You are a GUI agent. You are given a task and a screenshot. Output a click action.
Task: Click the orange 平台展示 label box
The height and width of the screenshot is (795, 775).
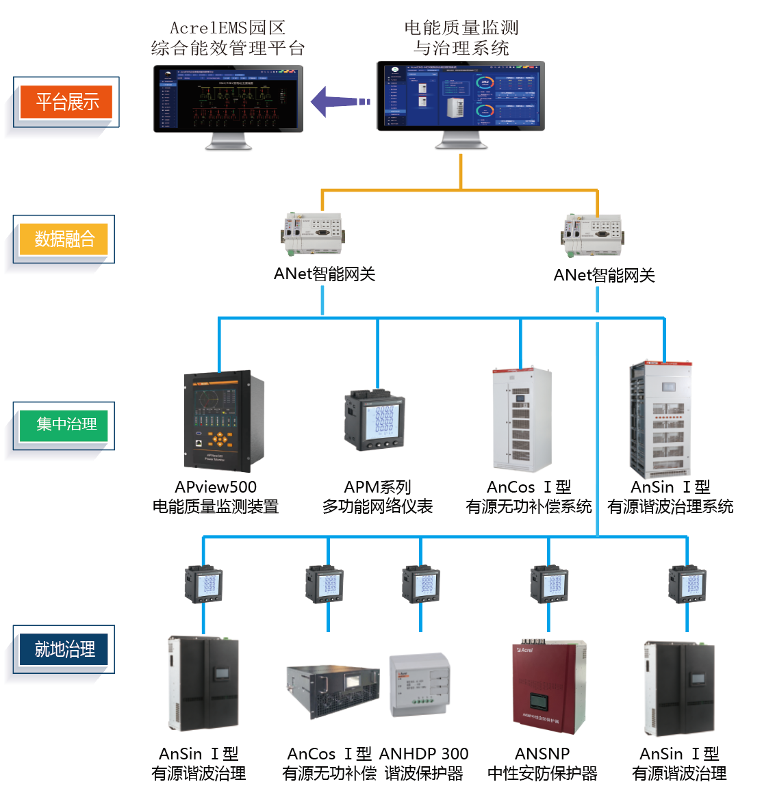click(x=66, y=102)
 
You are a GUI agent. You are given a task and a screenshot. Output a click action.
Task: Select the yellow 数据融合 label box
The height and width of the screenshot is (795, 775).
click(x=64, y=239)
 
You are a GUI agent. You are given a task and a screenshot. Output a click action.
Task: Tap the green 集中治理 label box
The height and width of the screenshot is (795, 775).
click(x=66, y=424)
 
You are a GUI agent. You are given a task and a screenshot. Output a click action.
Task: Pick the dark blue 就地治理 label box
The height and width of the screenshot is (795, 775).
click(x=64, y=649)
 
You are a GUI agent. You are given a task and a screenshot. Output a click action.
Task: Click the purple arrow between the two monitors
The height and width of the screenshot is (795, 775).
click(x=340, y=102)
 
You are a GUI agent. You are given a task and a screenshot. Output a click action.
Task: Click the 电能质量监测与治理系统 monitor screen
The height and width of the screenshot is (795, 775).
click(x=461, y=96)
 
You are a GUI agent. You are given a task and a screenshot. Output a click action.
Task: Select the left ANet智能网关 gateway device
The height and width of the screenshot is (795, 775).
click(x=314, y=233)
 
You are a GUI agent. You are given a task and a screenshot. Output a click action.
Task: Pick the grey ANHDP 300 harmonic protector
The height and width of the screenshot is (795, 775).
click(x=420, y=685)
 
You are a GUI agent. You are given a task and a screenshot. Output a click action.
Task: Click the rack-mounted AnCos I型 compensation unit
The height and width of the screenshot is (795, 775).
click(x=333, y=690)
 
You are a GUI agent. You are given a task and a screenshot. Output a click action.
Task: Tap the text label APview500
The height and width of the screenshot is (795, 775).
click(x=216, y=487)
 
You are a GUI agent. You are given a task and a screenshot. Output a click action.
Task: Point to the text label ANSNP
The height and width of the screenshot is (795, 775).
click(x=542, y=754)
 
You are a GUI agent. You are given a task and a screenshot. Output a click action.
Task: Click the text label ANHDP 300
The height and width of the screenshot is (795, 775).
click(x=424, y=754)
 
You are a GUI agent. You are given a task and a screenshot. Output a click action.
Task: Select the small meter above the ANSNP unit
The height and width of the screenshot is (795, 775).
click(x=549, y=584)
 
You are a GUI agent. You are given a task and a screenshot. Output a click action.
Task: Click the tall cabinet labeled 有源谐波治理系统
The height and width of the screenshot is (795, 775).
click(x=661, y=419)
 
